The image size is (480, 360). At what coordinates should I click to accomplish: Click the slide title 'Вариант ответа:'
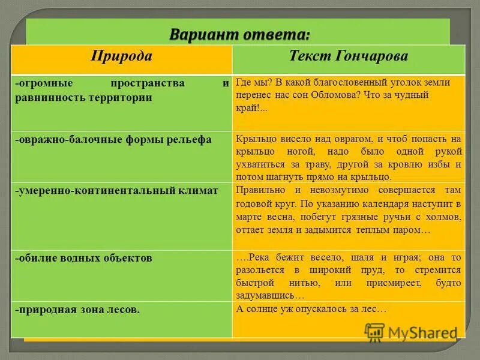coord(239,34)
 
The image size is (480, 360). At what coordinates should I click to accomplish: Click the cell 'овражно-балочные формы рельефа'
coord(113,139)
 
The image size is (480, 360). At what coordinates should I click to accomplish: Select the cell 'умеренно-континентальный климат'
coord(116,190)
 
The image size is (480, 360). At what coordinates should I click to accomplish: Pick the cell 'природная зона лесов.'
coord(78,310)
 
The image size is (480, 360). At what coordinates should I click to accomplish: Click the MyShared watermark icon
coord(374,331)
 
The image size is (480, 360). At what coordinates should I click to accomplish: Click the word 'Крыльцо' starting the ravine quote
coord(254,138)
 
